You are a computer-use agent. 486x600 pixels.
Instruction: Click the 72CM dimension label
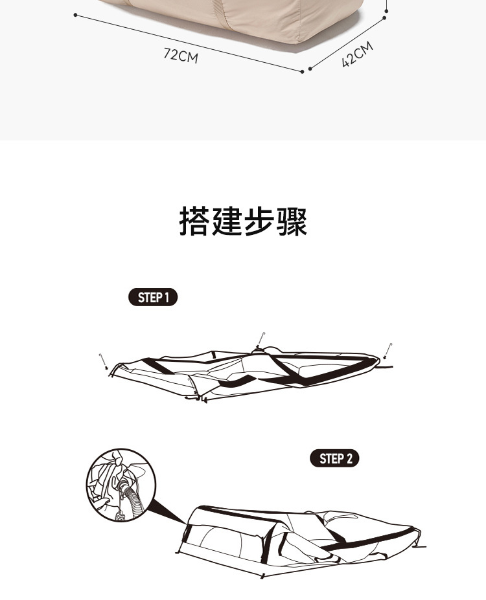pyautogui.click(x=181, y=56)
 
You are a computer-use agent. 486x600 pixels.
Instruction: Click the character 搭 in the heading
pyautogui.click(x=194, y=221)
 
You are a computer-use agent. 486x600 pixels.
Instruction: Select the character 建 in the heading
pyautogui.click(x=227, y=221)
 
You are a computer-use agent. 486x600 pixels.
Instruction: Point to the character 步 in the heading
pyautogui.click(x=259, y=221)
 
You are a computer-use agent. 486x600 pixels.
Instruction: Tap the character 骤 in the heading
pyautogui.click(x=292, y=221)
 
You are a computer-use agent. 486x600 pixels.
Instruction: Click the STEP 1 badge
pyautogui.click(x=153, y=298)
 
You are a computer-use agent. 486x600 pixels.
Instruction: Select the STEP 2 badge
pyautogui.click(x=334, y=459)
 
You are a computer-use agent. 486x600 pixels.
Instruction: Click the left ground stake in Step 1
pyautogui.click(x=103, y=360)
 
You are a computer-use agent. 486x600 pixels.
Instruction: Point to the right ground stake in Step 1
pyautogui.click(x=388, y=350)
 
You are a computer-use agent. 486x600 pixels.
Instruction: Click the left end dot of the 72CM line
pyautogui.click(x=76, y=14)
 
